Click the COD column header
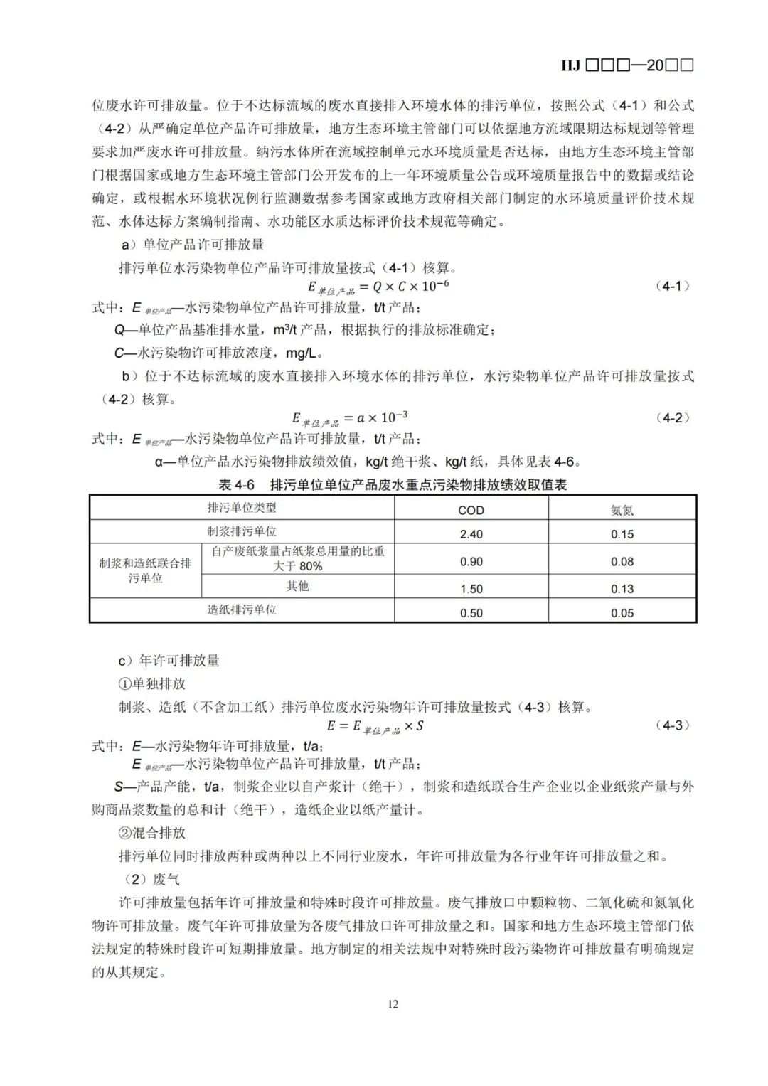tap(471, 510)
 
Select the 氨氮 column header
tap(622, 510)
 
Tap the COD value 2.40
tap(471, 534)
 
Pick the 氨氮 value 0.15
tap(622, 534)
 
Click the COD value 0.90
tap(471, 562)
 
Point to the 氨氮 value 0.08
tap(622, 562)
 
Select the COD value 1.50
tap(471, 589)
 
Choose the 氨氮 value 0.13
tap(622, 589)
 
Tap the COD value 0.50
tap(471, 613)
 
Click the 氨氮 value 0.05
tap(622, 613)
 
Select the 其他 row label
tap(297, 586)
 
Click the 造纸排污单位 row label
tap(242, 610)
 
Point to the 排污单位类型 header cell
tap(242, 508)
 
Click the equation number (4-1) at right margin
tap(671, 286)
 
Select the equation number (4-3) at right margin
tap(671, 725)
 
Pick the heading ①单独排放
tap(151, 683)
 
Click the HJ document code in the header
tap(626, 65)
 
